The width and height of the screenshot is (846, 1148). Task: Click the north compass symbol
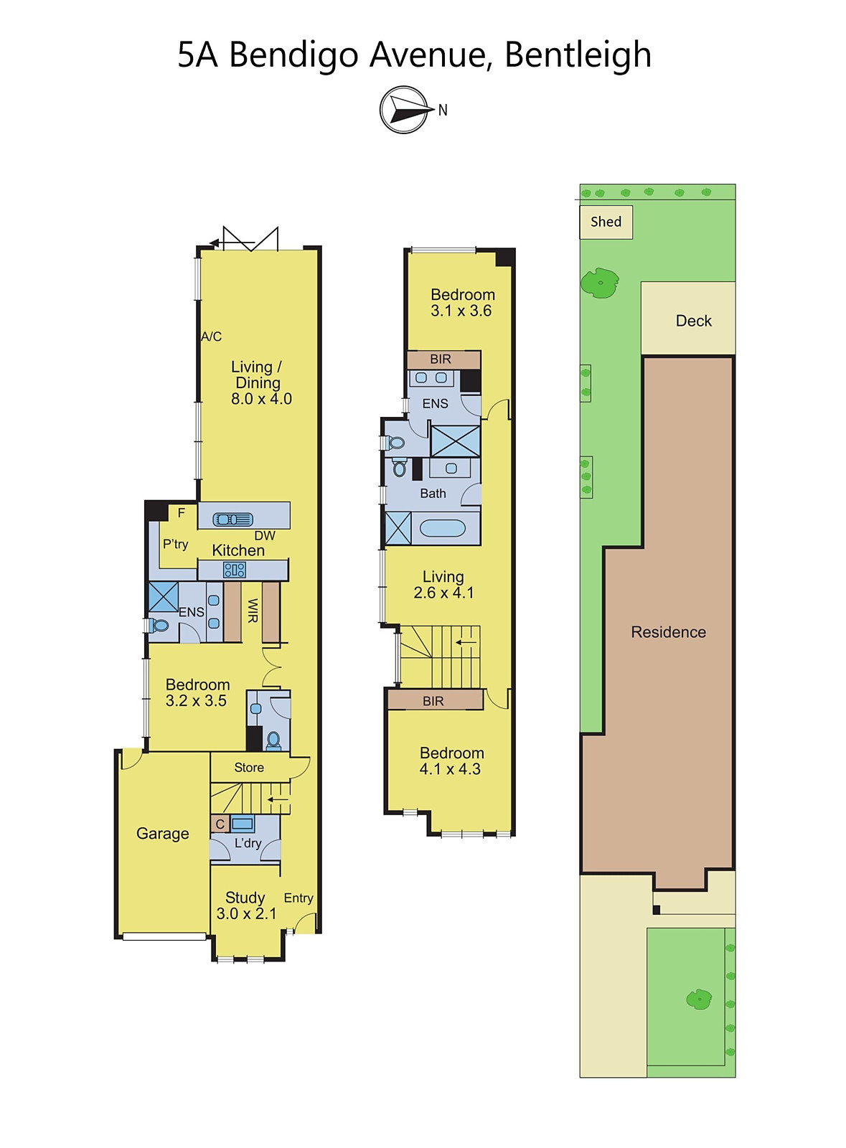(x=404, y=110)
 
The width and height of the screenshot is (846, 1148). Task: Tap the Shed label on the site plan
(x=606, y=222)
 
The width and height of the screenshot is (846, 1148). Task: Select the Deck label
(x=693, y=321)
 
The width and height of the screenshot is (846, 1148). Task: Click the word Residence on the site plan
(x=668, y=632)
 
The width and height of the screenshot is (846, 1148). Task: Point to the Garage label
(x=162, y=834)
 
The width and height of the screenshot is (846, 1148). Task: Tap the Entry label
(x=299, y=898)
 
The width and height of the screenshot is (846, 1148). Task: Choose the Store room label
(x=249, y=767)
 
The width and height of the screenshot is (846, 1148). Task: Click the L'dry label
(x=248, y=843)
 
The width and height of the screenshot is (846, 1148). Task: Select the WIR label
(x=253, y=611)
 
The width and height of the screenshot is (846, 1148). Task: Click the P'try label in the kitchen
(x=175, y=545)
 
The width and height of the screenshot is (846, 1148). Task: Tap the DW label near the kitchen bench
(x=265, y=535)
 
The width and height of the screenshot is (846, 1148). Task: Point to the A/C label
(x=211, y=337)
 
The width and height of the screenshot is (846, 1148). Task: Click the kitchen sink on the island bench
(x=233, y=519)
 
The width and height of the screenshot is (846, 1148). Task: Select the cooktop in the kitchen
(x=234, y=570)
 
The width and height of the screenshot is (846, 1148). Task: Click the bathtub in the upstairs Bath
(x=442, y=528)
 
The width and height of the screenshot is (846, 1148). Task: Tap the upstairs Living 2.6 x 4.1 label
(x=443, y=585)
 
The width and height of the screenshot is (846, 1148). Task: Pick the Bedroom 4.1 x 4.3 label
(x=451, y=761)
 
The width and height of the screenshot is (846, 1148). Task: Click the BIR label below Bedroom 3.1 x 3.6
(x=441, y=359)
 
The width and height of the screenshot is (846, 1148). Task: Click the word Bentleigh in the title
(x=578, y=55)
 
